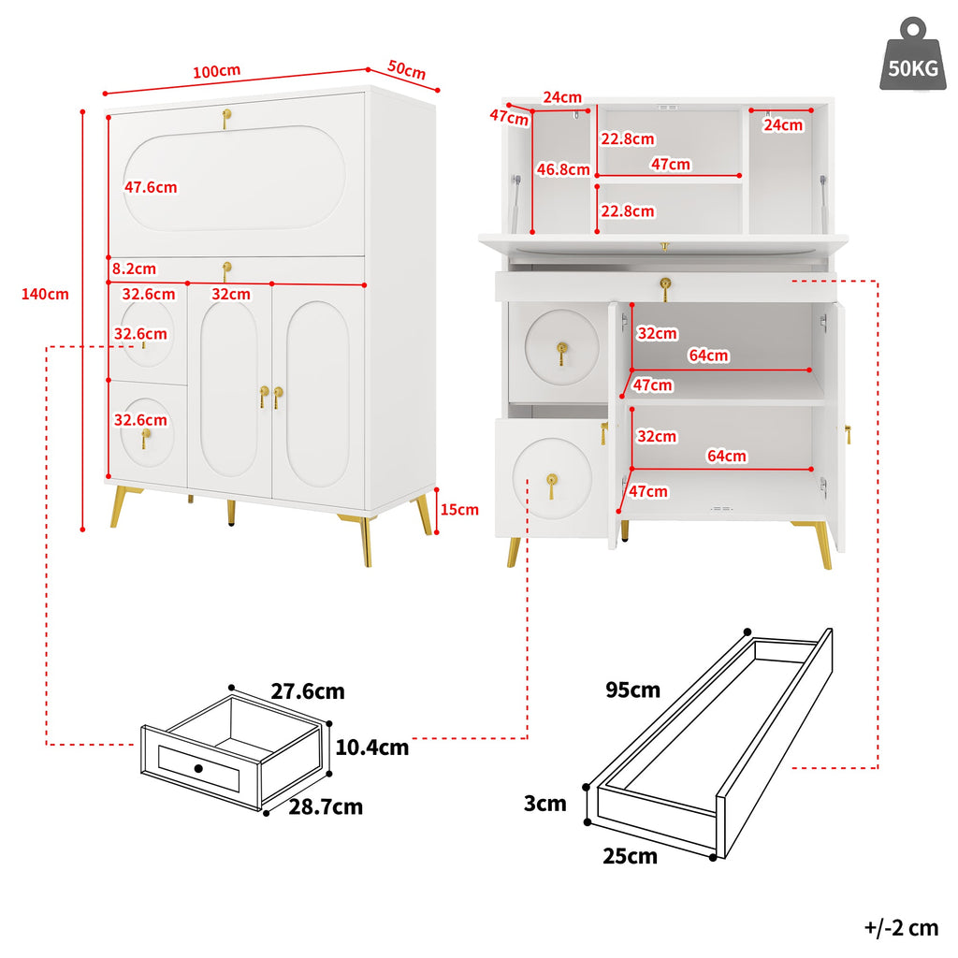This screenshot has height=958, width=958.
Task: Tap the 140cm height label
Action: coord(45,294)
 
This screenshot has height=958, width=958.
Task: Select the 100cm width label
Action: coord(216,72)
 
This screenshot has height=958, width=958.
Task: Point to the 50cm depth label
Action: coord(406,70)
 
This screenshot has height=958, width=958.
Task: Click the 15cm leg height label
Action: coord(459,510)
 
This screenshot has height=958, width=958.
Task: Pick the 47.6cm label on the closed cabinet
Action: coord(151,187)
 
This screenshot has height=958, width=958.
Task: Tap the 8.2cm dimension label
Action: coord(134,269)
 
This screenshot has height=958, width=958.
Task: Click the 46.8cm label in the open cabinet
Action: coord(563,169)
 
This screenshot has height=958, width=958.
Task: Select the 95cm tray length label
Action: coord(632,690)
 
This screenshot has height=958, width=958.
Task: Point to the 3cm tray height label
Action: coord(545,803)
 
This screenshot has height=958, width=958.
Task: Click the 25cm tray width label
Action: coord(631,856)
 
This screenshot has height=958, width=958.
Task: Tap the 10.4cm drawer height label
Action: coord(371,747)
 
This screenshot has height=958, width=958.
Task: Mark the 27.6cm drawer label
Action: coord(308,692)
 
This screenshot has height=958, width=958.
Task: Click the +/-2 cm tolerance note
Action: coord(900,927)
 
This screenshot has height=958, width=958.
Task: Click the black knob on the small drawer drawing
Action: coord(198,768)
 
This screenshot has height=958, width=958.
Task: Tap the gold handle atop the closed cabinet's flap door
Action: coord(225,118)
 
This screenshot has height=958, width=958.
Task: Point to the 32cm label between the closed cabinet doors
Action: coord(230,294)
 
